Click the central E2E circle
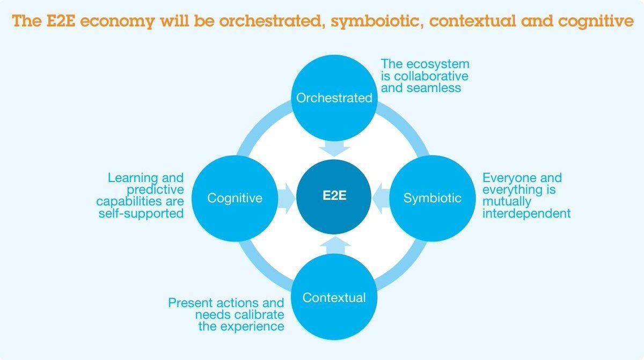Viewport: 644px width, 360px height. (x=334, y=196)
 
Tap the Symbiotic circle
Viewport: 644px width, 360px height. (x=432, y=197)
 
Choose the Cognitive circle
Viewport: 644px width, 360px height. (x=235, y=197)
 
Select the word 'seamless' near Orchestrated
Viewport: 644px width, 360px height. (x=434, y=87)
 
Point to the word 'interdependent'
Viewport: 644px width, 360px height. (x=526, y=213)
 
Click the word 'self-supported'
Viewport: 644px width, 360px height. (x=141, y=213)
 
